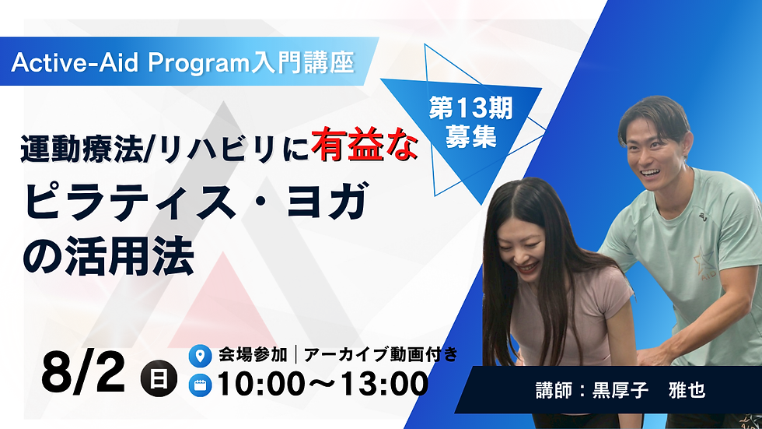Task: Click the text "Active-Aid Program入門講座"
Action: coord(184,63)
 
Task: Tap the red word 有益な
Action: coord(365,146)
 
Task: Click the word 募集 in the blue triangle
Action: coord(470,139)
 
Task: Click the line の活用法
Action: coord(109,259)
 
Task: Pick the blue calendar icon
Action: coord(201,384)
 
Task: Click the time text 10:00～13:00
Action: coord(323,384)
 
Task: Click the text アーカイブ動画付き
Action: coord(380,355)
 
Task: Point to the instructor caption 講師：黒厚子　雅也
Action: coord(620,390)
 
